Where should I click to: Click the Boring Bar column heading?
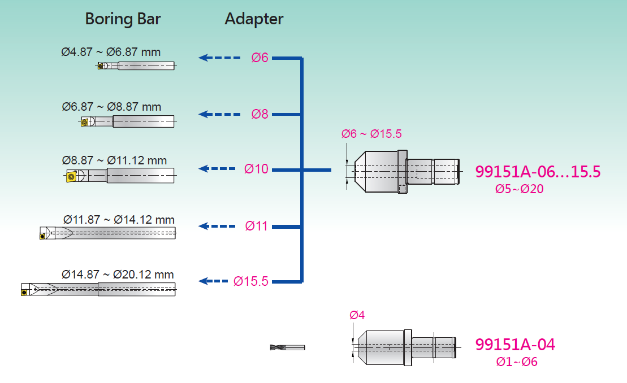tap(123, 19)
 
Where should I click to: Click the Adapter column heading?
tap(254, 19)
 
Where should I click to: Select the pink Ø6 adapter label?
tap(260, 58)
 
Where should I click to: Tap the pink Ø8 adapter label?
tap(260, 114)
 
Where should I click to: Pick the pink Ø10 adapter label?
tap(256, 169)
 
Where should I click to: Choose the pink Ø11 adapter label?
tap(257, 227)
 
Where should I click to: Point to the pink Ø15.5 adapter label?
tap(251, 281)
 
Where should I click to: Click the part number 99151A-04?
tap(515, 345)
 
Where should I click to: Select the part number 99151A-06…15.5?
tap(538, 172)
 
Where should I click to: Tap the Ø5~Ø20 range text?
tap(519, 189)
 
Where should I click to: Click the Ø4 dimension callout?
tap(357, 315)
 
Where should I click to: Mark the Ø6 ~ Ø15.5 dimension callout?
tap(371, 134)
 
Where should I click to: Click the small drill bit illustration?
tap(287, 347)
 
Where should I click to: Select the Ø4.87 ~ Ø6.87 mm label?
tap(111, 53)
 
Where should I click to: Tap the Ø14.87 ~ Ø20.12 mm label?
tap(118, 275)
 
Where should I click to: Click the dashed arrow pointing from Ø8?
tap(220, 114)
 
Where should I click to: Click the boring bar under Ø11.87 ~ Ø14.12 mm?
tap(107, 233)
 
